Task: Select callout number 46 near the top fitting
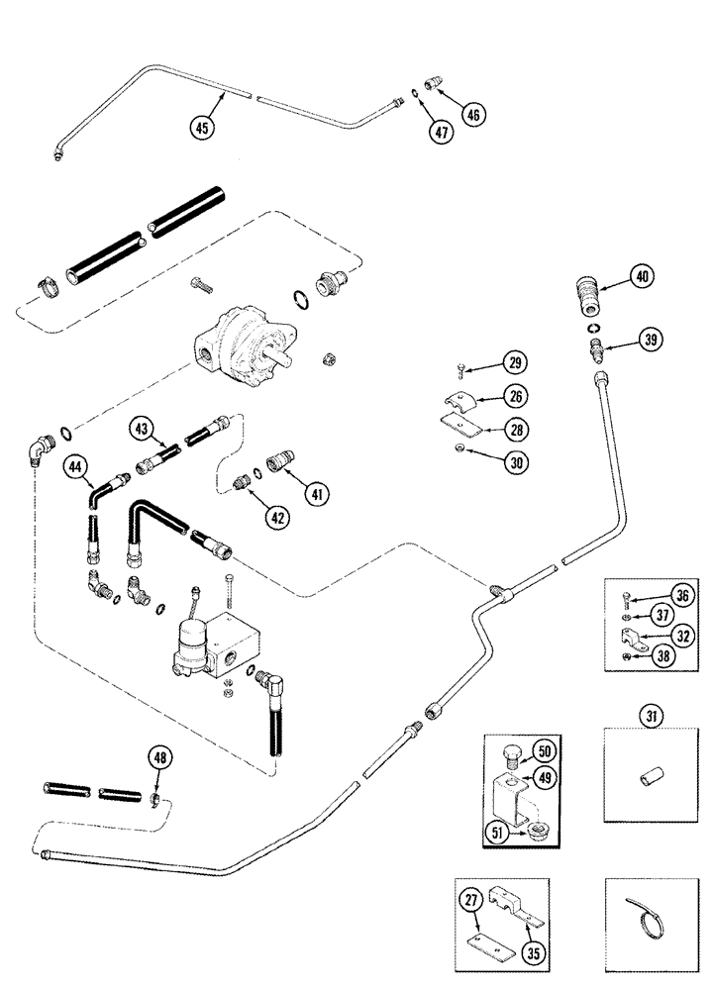[471, 116]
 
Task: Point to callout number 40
[642, 278]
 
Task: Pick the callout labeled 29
[513, 363]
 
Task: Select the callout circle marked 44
[75, 464]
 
